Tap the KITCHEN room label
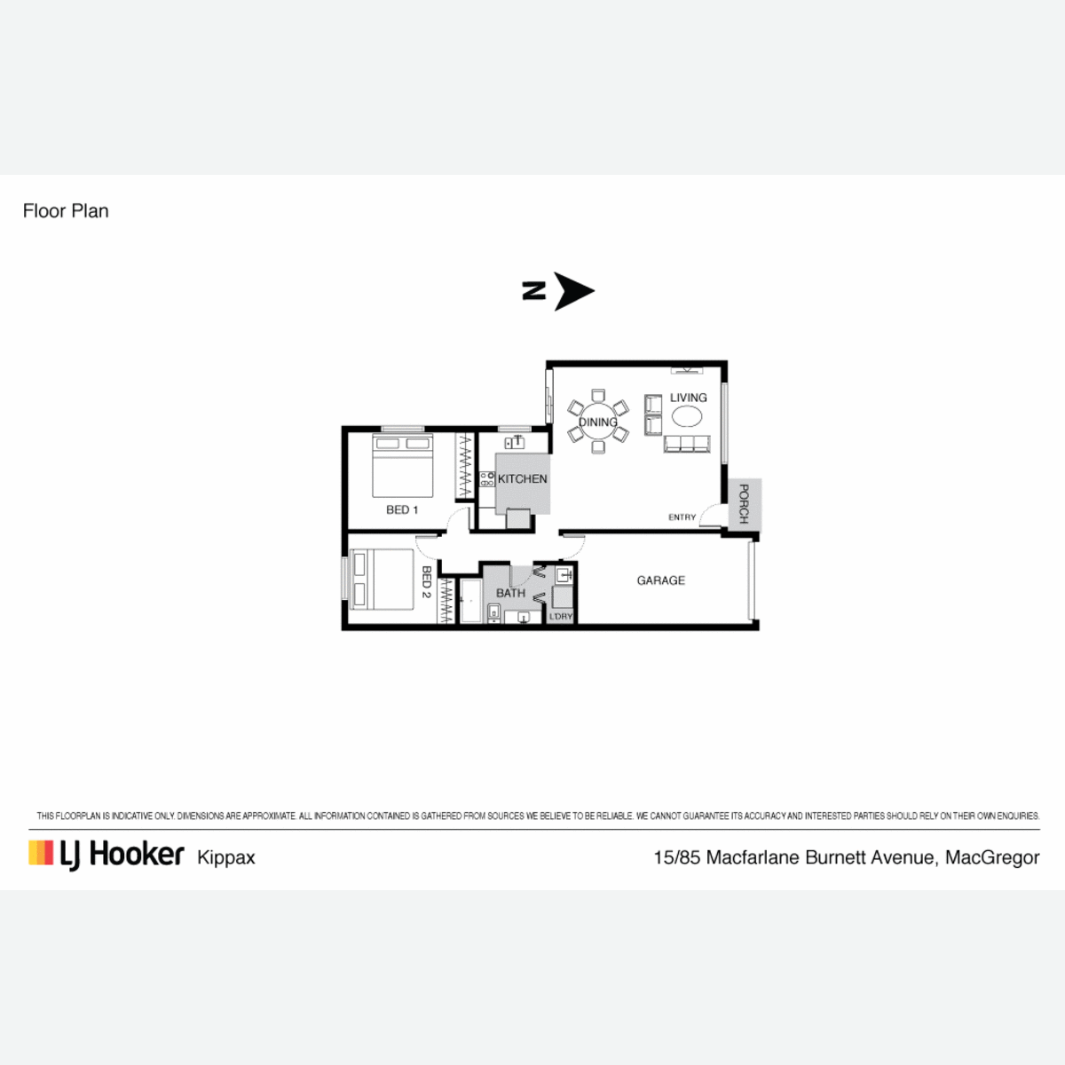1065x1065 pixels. pos(522,479)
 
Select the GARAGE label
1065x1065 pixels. pos(660,580)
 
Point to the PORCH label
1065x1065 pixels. pos(744,503)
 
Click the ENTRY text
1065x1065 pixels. pos(682,517)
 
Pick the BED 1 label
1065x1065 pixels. pos(402,509)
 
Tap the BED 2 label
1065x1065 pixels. pos(426,582)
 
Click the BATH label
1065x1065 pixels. pos(510,593)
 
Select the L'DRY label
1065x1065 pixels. pos(561,616)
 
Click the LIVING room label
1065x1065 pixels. pos(688,398)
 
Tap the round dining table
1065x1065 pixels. pos(598,422)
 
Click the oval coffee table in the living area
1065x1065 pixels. pos(687,416)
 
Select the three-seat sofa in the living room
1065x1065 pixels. pos(687,444)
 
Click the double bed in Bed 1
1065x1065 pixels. pos(402,466)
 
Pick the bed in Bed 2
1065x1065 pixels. pos(382,580)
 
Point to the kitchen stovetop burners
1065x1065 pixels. pos(486,478)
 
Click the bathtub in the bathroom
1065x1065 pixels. pos(471,602)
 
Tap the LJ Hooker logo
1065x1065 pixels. pos(106,855)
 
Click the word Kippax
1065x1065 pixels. pos(226,857)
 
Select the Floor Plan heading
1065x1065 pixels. pos(66,211)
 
